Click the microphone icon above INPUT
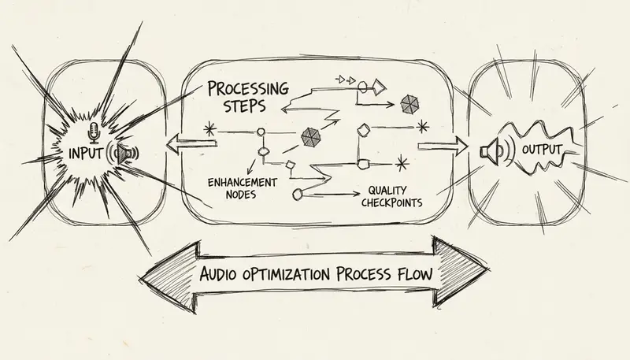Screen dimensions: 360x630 tap(94, 131)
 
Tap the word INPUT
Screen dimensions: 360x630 tap(86, 151)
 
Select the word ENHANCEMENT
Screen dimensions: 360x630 tap(242, 181)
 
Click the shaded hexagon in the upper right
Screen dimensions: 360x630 tap(409, 103)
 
